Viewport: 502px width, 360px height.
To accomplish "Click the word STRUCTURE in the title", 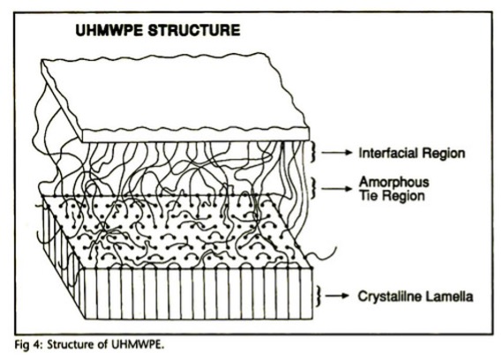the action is tap(194, 30).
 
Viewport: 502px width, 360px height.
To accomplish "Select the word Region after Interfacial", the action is tap(443, 154).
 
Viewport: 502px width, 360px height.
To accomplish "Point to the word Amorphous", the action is tap(393, 182).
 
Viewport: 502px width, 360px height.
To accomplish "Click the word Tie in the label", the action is tap(368, 195).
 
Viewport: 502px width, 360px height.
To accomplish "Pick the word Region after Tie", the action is tap(403, 196).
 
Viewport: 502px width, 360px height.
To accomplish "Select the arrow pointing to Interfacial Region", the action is tap(336, 153).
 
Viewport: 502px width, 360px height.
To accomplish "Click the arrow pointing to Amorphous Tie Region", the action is tap(336, 189).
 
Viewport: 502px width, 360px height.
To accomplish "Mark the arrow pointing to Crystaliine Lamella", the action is tap(337, 296).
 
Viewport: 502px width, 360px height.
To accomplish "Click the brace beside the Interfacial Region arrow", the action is tap(314, 152).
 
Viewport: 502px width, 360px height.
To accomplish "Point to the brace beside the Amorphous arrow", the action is tap(314, 189).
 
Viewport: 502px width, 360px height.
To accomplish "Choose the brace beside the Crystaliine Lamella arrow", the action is tap(318, 296).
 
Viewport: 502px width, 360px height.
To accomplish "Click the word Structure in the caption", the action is tap(71, 345).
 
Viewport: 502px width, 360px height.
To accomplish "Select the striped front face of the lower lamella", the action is tap(199, 293).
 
